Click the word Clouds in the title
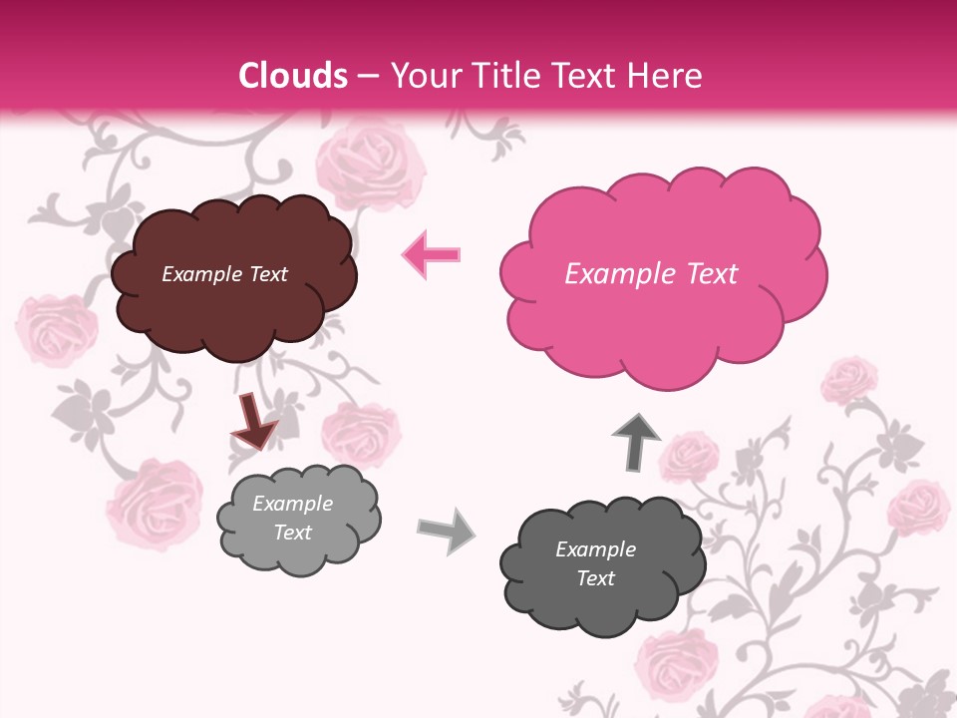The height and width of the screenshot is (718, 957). [x=293, y=76]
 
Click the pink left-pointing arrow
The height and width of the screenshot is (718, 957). [x=432, y=254]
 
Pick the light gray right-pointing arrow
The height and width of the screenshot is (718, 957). [x=447, y=530]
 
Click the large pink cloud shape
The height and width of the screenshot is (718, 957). [x=662, y=273]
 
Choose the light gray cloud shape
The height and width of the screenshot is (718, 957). [x=298, y=519]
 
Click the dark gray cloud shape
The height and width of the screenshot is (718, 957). [x=601, y=564]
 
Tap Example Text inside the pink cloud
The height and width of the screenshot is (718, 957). [x=651, y=274]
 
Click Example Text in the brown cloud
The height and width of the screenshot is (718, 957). [x=224, y=274]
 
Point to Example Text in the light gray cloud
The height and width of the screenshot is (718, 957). [x=293, y=518]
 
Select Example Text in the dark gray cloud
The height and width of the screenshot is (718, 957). [x=595, y=563]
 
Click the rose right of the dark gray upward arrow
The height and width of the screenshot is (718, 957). [x=689, y=456]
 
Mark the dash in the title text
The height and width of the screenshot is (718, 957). [x=367, y=77]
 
